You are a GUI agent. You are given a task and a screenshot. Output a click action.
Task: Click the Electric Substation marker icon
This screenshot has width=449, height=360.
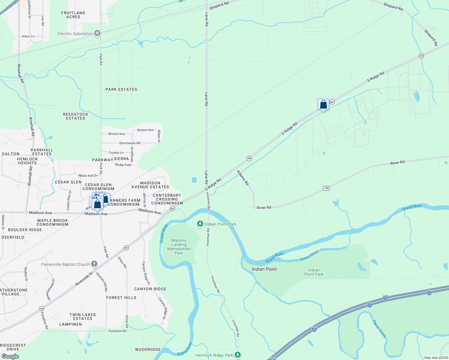[x=97, y=33]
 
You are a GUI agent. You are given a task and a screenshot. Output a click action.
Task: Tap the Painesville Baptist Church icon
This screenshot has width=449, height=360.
[x=94, y=264]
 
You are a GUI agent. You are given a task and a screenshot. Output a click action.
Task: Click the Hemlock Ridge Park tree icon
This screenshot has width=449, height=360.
[x=238, y=355]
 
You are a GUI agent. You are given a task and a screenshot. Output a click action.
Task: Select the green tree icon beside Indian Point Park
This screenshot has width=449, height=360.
[x=200, y=224]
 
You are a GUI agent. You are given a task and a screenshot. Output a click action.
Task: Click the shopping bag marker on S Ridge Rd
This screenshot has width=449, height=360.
[x=323, y=105]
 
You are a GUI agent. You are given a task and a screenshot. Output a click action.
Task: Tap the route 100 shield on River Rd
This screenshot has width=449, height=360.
[x=326, y=188]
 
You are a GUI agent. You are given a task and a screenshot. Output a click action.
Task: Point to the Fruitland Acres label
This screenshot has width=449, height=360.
[x=73, y=15]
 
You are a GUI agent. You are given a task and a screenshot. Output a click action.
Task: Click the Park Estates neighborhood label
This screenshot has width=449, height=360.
[x=121, y=89]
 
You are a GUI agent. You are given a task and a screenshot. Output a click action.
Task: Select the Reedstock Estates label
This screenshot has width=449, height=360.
[x=76, y=116]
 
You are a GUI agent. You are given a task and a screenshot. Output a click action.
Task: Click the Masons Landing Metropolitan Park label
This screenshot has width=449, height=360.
[x=179, y=247]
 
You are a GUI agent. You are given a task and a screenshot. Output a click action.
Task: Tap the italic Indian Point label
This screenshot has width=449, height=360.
[x=264, y=269]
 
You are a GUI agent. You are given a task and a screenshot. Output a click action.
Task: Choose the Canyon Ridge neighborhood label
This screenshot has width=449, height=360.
[x=150, y=289]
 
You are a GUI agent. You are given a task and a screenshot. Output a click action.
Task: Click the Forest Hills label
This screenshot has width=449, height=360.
[x=121, y=298]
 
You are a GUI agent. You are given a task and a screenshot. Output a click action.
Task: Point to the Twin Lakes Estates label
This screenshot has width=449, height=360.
[x=83, y=316]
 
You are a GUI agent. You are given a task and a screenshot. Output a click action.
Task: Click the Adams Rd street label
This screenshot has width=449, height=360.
[x=243, y=178]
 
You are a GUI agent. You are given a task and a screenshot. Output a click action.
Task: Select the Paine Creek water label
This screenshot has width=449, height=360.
[x=379, y=329]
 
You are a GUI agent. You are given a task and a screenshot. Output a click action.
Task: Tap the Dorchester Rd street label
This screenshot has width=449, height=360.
[x=130, y=143]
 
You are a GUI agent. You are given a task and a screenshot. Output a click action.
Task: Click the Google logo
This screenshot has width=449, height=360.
[x=10, y=356]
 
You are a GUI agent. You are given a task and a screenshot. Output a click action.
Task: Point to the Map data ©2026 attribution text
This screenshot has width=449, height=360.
[x=436, y=358]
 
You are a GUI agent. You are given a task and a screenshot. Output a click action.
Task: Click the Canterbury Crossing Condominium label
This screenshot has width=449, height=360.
[x=167, y=199]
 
